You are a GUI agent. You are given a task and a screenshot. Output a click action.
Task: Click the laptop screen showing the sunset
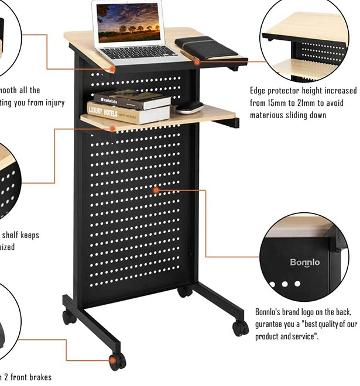128,23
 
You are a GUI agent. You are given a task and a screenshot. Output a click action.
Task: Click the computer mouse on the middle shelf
190,107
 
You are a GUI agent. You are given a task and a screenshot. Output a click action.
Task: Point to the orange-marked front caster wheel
116,361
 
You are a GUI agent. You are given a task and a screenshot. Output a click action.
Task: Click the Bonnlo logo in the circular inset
305,263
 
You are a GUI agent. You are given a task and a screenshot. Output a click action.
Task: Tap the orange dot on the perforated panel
156,189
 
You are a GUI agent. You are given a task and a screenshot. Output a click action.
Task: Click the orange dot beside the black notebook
197,61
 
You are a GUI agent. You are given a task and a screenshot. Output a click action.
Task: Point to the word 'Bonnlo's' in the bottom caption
271,312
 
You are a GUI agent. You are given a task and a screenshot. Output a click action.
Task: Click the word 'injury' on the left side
50,103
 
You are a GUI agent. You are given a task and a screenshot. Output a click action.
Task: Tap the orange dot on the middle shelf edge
112,128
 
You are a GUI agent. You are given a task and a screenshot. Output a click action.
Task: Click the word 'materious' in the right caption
271,115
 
